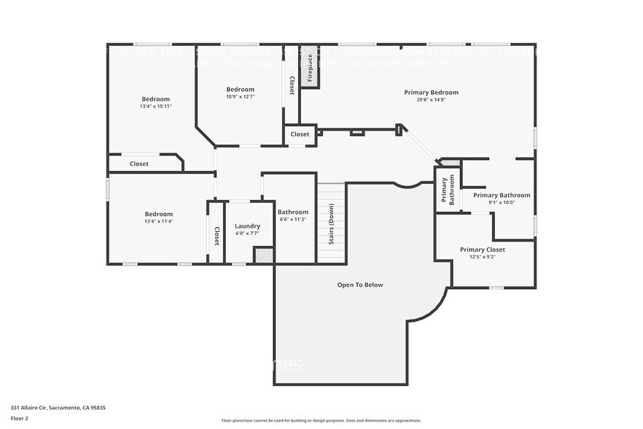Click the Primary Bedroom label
click(432, 93)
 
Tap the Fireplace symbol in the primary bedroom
click(309, 67)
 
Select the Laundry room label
click(247, 226)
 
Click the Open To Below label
click(360, 285)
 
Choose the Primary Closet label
click(482, 250)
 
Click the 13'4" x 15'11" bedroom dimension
click(155, 107)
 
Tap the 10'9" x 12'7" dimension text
click(240, 96)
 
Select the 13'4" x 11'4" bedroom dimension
click(158, 221)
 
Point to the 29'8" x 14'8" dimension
click(432, 100)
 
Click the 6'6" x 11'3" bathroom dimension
click(292, 220)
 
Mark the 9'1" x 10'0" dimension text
click(502, 203)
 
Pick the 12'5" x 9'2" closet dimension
click(482, 257)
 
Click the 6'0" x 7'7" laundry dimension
click(247, 233)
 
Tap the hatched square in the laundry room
click(263, 255)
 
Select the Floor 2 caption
click(19, 418)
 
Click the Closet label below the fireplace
click(300, 134)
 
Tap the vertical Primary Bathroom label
click(448, 190)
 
